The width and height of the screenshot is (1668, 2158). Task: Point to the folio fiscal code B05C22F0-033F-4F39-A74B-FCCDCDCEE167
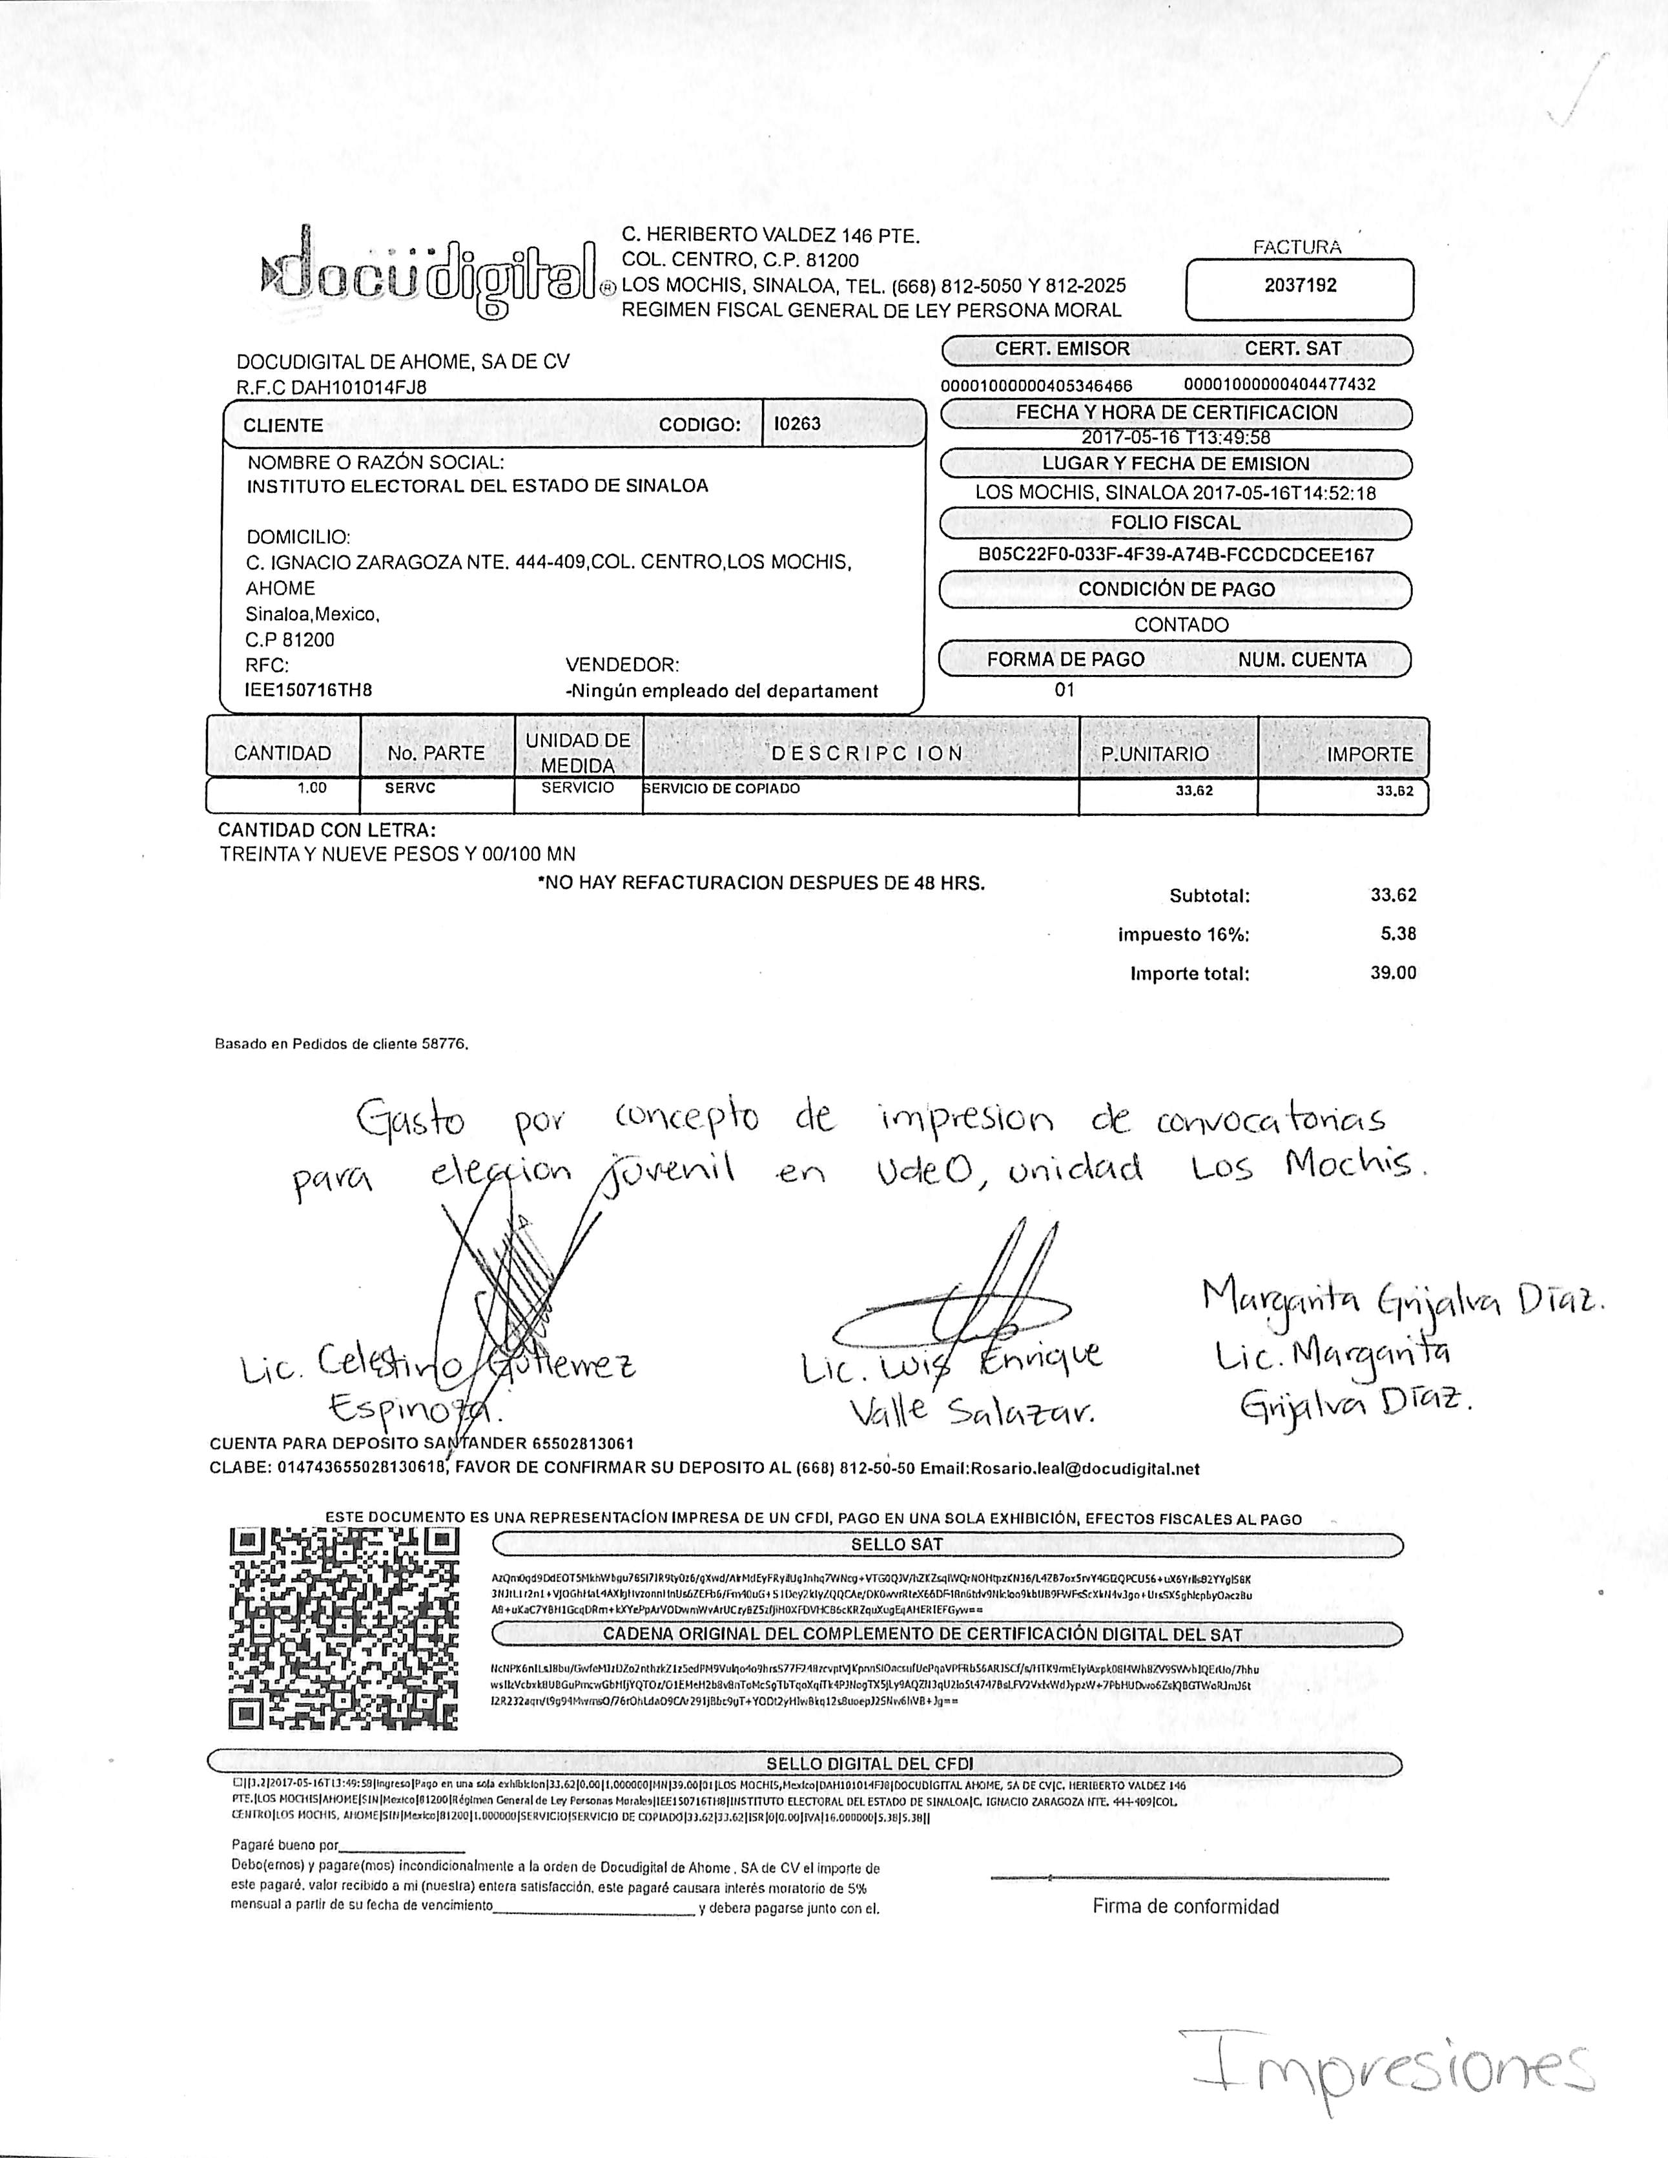tap(1176, 554)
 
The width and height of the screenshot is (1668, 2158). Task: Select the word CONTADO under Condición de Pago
tap(1181, 625)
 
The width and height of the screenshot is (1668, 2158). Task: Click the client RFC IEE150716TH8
tap(308, 690)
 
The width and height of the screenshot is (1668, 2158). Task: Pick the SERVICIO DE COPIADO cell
tap(721, 789)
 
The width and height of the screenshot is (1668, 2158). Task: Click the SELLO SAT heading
tap(896, 1544)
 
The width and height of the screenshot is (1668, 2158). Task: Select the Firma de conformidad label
tap(1185, 1906)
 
